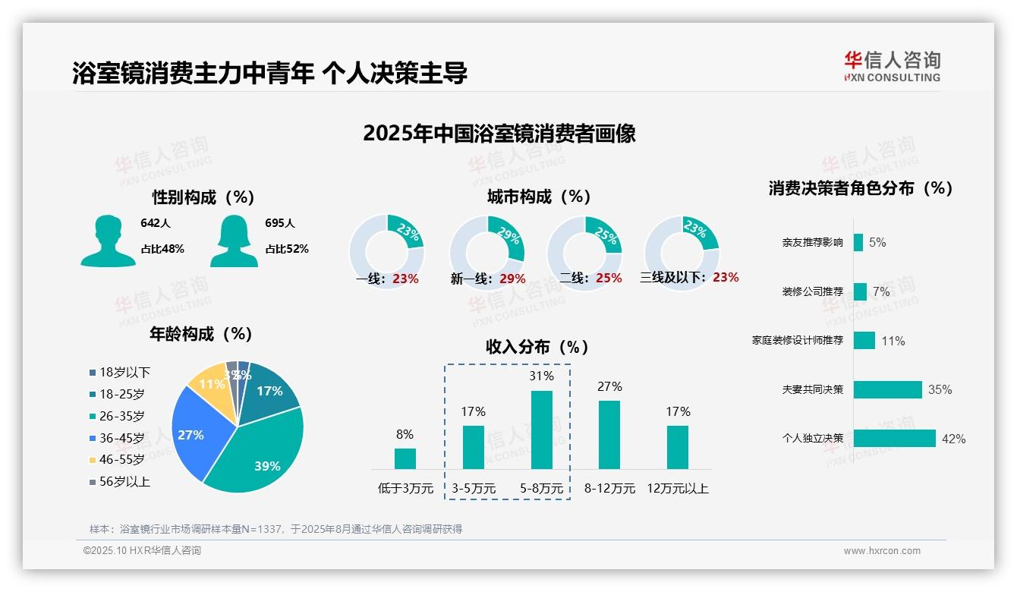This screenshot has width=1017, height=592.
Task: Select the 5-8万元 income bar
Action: coord(541,430)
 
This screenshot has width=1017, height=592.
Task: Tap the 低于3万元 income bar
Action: coord(405,458)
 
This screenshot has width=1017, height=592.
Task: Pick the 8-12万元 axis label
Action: coord(609,488)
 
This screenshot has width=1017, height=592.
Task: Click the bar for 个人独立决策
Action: coord(894,438)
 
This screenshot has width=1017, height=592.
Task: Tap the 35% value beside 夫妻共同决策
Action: coord(940,389)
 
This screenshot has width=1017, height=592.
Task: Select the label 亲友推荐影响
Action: coord(812,243)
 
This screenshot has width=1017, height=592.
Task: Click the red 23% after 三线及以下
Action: coord(726,277)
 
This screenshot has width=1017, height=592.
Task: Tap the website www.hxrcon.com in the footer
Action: coord(882,551)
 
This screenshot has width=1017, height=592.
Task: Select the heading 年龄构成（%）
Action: coord(200,334)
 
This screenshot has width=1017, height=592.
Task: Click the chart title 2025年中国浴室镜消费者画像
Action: coord(499,134)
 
